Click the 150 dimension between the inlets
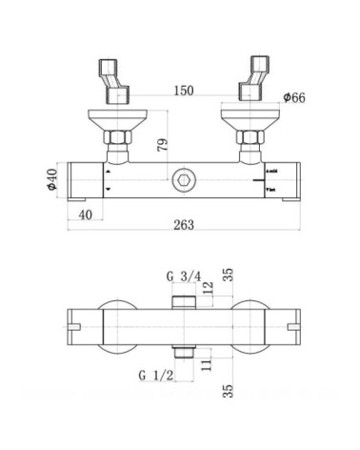185,91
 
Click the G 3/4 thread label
183,276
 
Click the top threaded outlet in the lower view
184,302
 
